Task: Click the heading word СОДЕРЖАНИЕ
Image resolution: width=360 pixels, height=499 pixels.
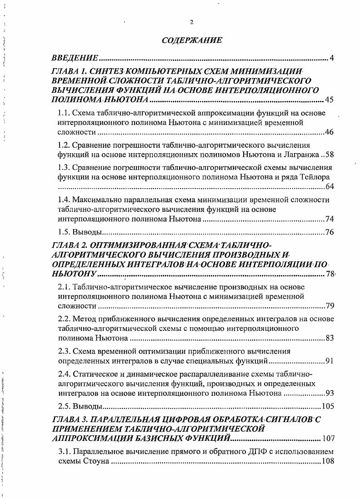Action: pos(192,40)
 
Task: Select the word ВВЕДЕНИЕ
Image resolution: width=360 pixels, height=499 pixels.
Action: pos(75,58)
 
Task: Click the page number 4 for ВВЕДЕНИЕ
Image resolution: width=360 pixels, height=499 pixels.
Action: pos(332,58)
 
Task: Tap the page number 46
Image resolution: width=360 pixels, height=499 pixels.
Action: pos(330,132)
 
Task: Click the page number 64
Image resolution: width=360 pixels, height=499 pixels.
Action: pos(330,187)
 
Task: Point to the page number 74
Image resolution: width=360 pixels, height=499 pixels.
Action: pos(330,220)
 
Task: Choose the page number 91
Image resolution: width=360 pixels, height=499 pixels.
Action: pos(330,361)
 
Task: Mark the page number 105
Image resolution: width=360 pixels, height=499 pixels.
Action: pos(328,406)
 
